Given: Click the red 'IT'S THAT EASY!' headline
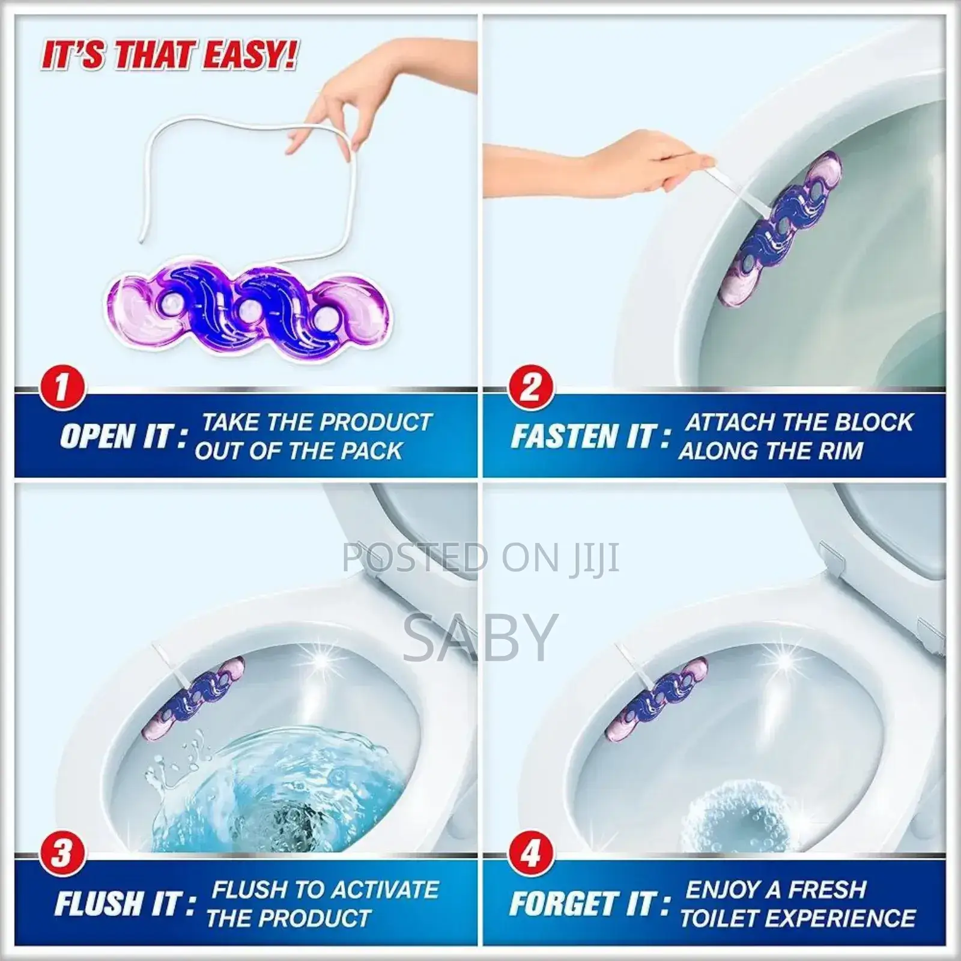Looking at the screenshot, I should [169, 55].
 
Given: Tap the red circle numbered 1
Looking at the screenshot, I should [61, 388].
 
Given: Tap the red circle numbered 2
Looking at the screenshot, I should [530, 388].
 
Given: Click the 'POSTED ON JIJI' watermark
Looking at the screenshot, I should [480, 557].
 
